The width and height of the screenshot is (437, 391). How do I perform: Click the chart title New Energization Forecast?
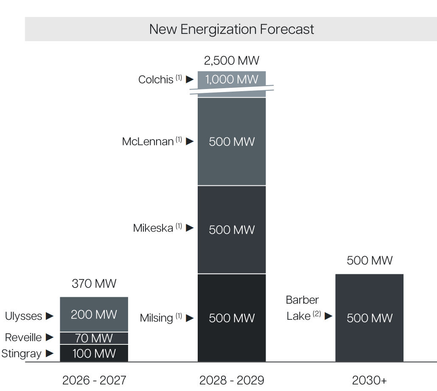click(231, 29)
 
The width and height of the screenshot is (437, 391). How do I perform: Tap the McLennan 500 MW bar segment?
click(232, 142)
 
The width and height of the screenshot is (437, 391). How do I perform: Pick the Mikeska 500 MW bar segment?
click(232, 229)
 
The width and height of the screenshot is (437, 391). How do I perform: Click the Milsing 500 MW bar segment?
click(232, 318)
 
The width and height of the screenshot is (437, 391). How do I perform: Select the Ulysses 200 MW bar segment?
click(94, 314)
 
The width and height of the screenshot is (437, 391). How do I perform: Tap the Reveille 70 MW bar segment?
click(94, 338)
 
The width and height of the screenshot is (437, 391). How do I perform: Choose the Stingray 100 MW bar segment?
click(94, 353)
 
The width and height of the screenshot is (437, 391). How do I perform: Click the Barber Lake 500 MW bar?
click(369, 318)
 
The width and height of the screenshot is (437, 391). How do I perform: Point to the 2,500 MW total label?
click(232, 61)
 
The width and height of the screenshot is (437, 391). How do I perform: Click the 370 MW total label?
click(94, 283)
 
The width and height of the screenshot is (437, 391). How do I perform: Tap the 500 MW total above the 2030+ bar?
click(369, 260)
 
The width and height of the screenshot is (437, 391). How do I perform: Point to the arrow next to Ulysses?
click(50, 316)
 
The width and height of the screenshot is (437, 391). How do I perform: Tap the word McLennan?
click(148, 142)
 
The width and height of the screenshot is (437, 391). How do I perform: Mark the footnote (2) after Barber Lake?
click(317, 314)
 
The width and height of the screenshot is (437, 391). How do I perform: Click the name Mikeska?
click(153, 228)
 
